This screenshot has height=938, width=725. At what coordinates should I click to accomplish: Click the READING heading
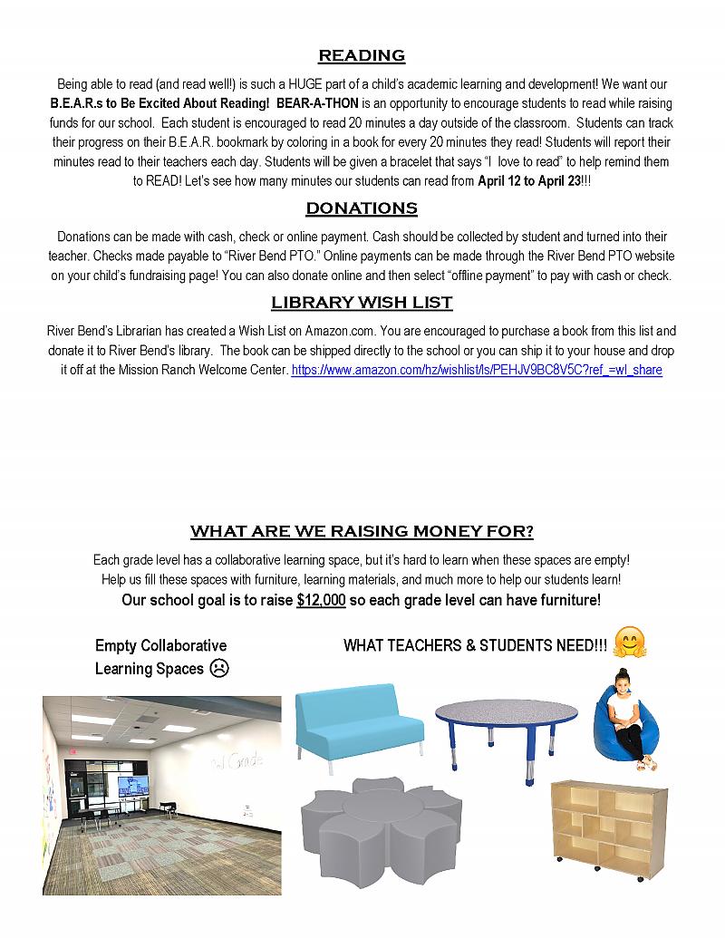coord(362,56)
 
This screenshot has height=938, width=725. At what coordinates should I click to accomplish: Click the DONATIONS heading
coord(362,208)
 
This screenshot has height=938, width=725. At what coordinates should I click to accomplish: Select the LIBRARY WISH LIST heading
coord(362,303)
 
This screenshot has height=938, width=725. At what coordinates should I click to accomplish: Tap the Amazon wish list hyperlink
coord(476,370)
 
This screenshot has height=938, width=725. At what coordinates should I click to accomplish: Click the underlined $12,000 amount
coord(321,601)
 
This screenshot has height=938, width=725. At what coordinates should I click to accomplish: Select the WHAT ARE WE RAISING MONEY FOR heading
coord(362,531)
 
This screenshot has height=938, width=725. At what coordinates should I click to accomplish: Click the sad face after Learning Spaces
coord(219,669)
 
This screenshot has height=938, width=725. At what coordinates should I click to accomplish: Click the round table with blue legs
coord(506,734)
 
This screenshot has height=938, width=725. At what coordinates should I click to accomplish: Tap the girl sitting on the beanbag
coord(625,720)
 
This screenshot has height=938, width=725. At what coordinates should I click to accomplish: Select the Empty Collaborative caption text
coord(160,646)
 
